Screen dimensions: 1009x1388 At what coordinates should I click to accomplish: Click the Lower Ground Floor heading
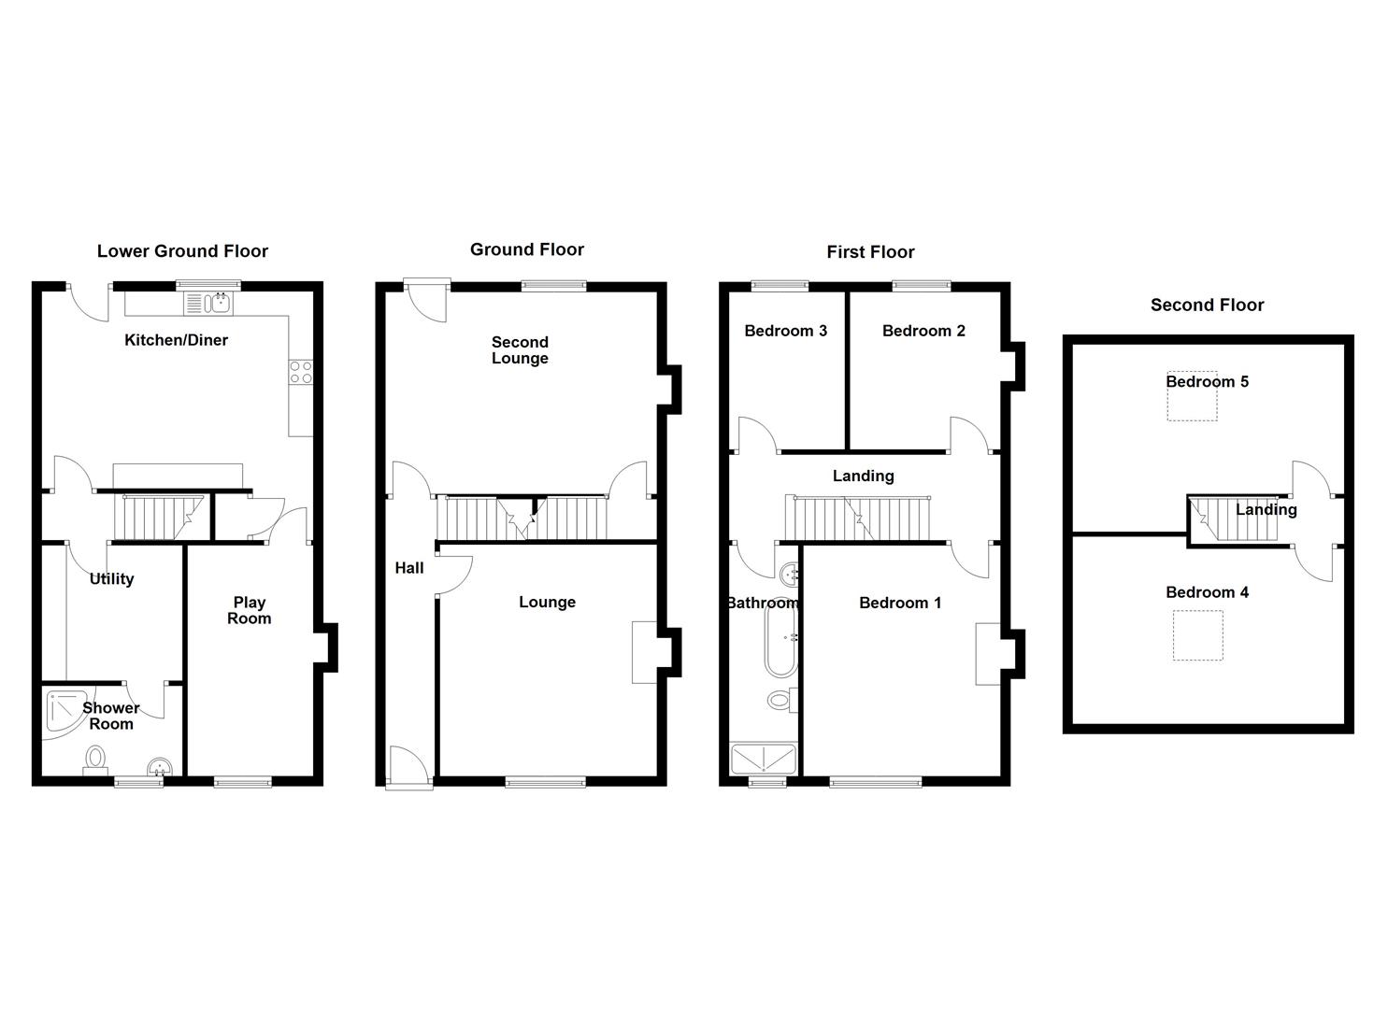pos(182,251)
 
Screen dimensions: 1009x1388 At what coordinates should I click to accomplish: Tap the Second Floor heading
pos(1207,306)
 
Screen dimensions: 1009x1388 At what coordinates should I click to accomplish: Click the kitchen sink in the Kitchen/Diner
pos(209,303)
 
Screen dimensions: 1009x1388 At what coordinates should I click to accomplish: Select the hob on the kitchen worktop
pos(301,372)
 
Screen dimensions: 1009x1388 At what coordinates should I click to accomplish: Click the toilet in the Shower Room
pos(94,759)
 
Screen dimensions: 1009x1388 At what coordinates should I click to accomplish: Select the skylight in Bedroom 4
pos(1197,636)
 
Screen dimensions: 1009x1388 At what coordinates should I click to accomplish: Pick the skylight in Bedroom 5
pos(1192,400)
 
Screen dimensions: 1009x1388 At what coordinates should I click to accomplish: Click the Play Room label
pos(250,610)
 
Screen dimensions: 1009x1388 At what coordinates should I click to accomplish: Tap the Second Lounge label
pos(520,350)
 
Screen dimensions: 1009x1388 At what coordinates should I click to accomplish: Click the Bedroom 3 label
pos(785,331)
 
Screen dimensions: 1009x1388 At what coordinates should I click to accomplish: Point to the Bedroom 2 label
pos(923,331)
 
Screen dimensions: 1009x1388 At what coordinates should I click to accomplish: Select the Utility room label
pos(111,579)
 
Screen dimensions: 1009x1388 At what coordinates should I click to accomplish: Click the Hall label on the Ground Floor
pos(409,568)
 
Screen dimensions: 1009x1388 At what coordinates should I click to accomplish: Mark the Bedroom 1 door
pos(970,559)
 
